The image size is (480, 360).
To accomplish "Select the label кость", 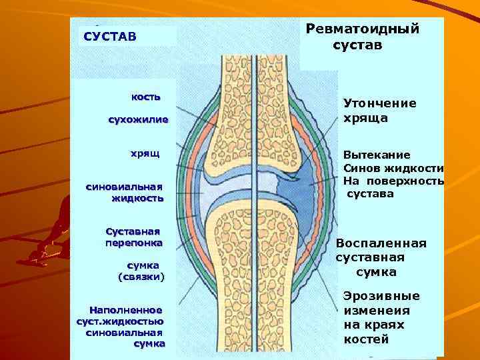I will coord(146,97).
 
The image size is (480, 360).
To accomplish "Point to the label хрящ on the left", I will coord(145,154).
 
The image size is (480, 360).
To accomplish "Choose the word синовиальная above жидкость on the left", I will coord(124,187).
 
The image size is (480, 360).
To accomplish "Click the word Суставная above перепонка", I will coord(133,231).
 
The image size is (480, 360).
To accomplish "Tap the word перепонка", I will coord(133,243).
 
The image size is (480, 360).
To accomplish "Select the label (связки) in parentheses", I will coord(141,276).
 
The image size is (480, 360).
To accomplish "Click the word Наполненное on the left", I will coord(126,310).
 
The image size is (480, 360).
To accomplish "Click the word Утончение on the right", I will coord(379,103).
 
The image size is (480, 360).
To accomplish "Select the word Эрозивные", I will coord(381,296).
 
